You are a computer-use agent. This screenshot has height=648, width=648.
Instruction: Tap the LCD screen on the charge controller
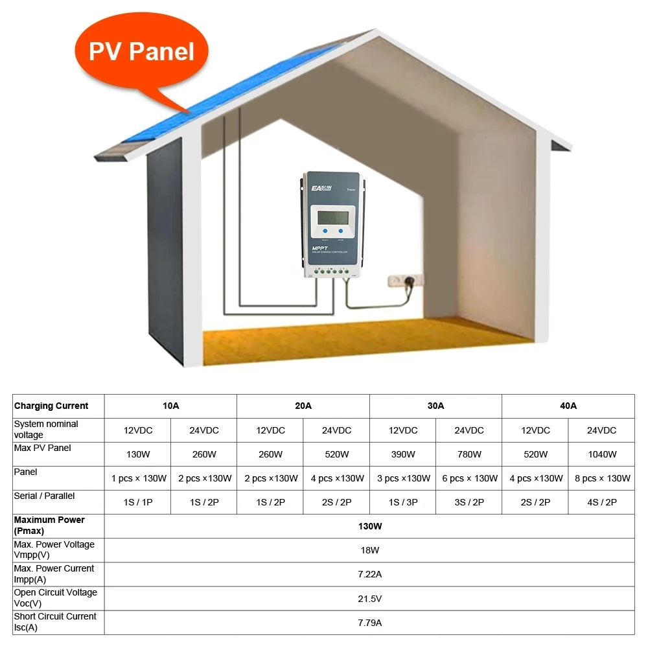point(332,215)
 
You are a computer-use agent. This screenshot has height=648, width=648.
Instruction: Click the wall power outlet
point(405,281)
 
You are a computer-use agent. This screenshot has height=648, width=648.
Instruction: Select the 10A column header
point(170,406)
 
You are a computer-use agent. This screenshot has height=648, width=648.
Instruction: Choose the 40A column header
point(568,406)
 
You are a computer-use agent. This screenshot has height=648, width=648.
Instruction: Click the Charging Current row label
point(51,406)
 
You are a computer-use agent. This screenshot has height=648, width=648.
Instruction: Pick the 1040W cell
point(601,454)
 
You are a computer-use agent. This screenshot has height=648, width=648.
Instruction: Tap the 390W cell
point(402,454)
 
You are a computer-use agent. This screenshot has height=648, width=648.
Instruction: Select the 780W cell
point(469,454)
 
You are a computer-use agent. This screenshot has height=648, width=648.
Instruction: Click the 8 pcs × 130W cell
point(601,478)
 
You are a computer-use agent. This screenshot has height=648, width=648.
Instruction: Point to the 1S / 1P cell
point(137,502)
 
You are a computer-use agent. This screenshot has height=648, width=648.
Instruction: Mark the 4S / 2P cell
point(601,502)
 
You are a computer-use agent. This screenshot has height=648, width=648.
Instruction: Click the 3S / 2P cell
point(469,502)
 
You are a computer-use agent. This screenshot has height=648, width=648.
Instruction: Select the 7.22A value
point(369,574)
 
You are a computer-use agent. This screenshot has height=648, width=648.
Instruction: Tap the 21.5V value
point(369,598)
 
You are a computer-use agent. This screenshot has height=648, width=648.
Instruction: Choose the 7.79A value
point(369,622)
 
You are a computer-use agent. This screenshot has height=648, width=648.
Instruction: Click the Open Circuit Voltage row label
point(55,598)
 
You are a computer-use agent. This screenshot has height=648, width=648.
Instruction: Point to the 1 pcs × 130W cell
point(137,478)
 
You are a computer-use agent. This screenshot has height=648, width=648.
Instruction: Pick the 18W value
point(369,550)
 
